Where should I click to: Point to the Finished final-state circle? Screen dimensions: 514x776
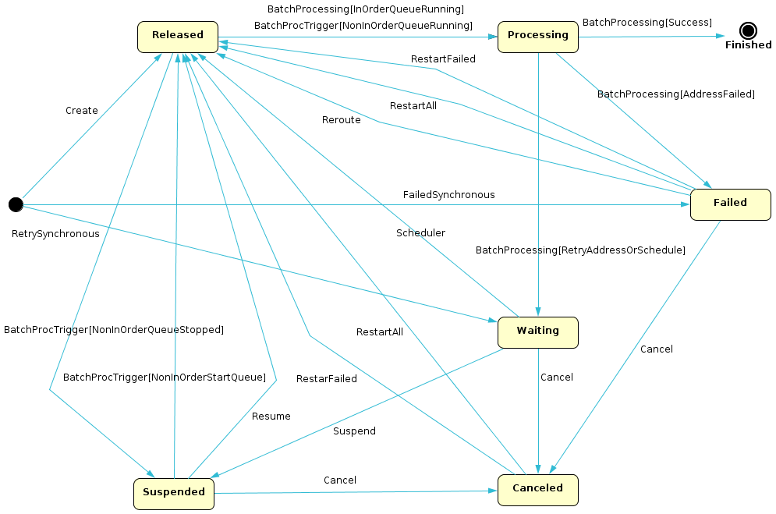click(x=748, y=31)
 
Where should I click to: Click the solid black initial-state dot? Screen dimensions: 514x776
click(x=16, y=204)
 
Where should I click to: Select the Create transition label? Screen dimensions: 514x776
click(x=82, y=111)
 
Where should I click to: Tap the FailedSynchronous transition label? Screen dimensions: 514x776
click(x=448, y=195)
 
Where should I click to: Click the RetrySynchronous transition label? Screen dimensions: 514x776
click(x=55, y=234)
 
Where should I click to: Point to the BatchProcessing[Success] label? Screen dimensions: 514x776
click(x=647, y=23)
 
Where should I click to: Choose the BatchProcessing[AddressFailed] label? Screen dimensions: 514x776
click(x=676, y=94)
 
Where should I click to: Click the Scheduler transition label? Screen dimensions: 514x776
click(x=420, y=233)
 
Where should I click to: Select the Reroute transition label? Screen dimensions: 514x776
click(x=342, y=120)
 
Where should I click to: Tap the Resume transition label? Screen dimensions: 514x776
click(x=271, y=417)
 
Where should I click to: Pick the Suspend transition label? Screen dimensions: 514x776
click(x=354, y=431)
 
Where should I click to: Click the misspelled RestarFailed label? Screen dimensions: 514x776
click(x=326, y=379)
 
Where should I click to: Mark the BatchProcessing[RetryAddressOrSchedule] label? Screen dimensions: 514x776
click(x=580, y=250)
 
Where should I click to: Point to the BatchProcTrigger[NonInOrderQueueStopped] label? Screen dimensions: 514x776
click(x=114, y=330)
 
